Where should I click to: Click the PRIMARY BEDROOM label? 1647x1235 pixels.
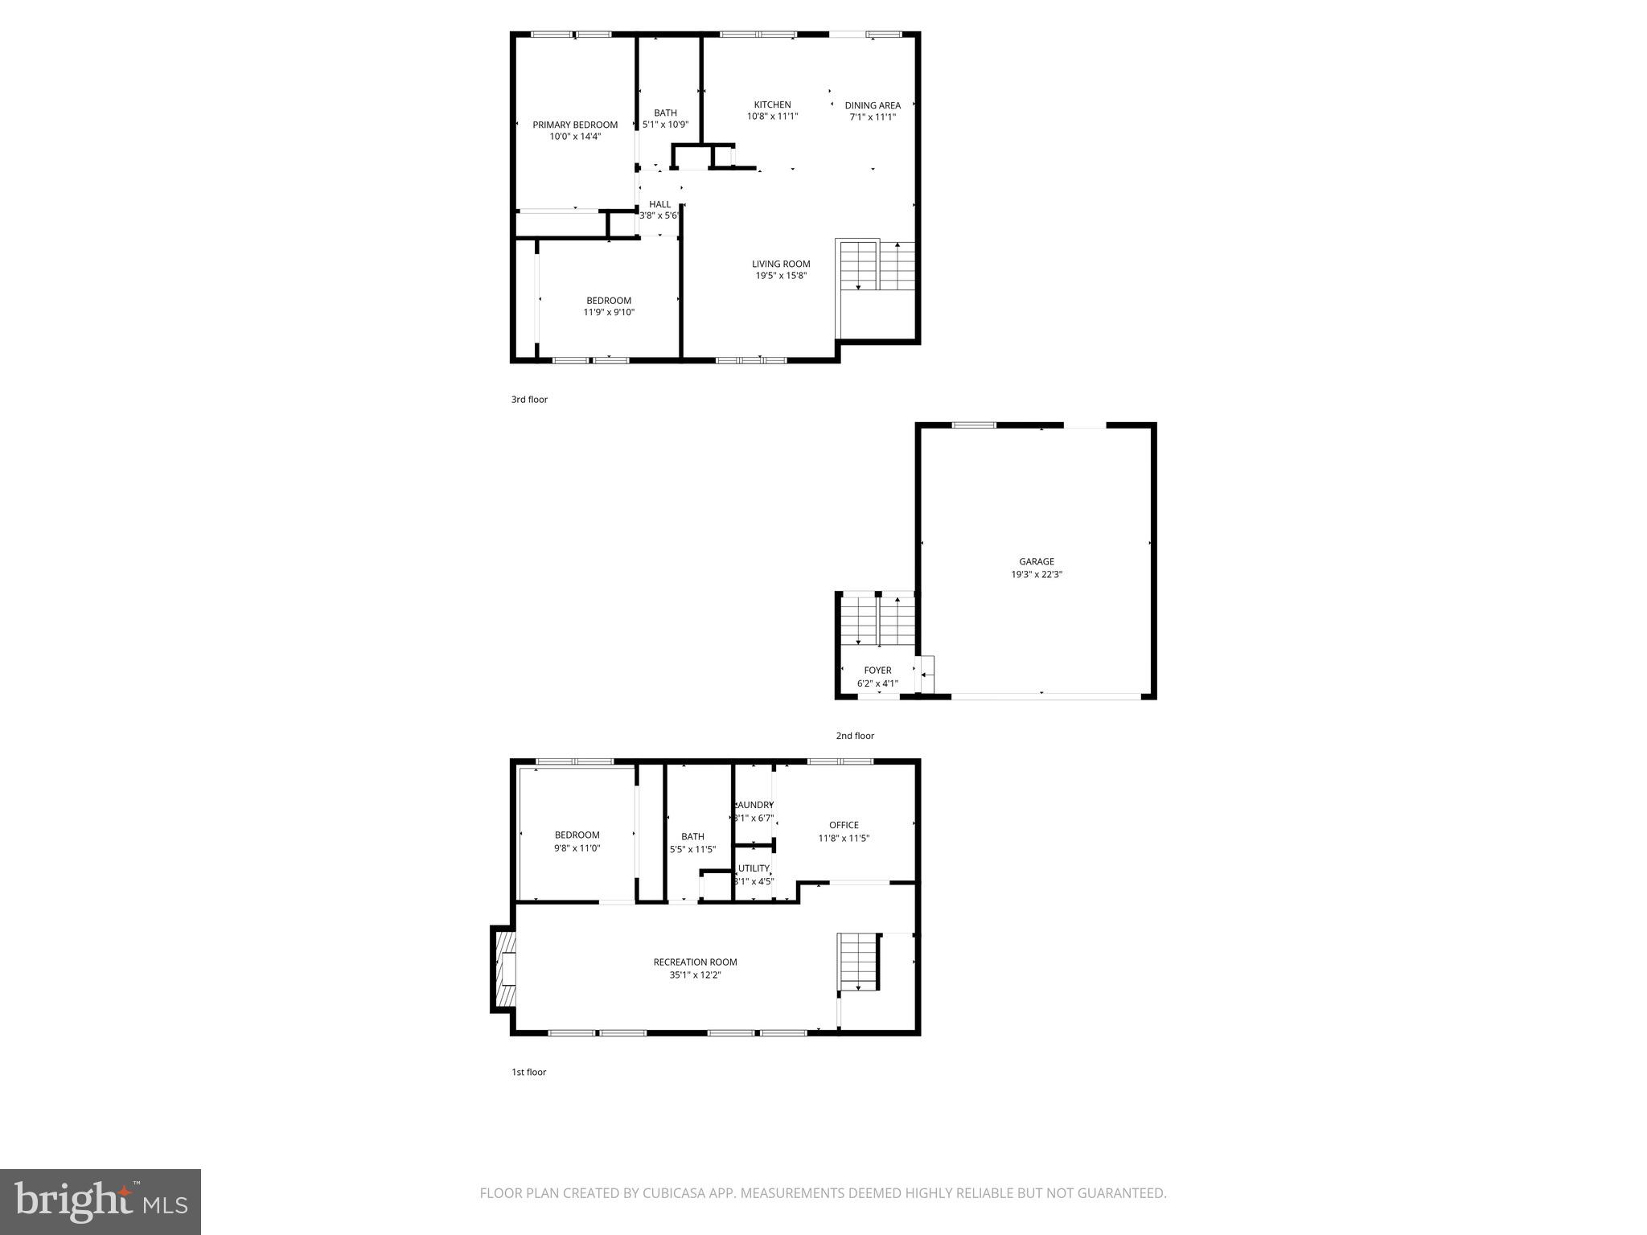575,125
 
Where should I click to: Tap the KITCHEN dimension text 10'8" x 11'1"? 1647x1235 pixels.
772,117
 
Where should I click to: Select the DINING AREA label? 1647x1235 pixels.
873,105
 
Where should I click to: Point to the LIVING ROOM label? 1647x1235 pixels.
781,264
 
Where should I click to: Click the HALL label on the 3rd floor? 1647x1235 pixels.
659,204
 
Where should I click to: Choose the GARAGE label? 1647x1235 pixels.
1037,562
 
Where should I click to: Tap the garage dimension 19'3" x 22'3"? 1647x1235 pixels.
1037,575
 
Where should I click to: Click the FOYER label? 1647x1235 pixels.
877,671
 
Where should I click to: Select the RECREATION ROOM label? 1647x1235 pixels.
695,962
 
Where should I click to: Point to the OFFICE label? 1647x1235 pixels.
844,825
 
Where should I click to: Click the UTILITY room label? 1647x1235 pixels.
754,868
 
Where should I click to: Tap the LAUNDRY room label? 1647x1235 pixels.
754,805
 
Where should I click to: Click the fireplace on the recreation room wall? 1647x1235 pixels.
503,969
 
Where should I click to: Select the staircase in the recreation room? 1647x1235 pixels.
858,962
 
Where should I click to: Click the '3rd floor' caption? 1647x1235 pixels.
529,400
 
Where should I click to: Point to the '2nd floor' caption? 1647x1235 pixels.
854,736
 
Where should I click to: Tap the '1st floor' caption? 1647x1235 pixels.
528,1072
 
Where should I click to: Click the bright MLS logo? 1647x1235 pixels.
101,1202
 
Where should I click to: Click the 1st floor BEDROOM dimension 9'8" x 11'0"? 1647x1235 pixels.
577,848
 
